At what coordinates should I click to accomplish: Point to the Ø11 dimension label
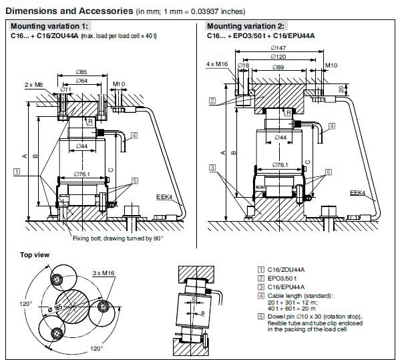66,89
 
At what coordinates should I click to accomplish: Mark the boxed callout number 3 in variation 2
211,167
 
